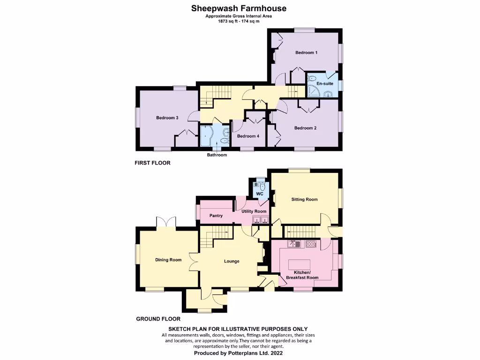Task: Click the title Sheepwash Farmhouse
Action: click(x=239, y=8)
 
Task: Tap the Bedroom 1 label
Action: click(x=306, y=52)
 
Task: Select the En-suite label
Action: click(x=325, y=83)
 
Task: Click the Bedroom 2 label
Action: click(x=305, y=128)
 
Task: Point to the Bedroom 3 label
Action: click(x=167, y=118)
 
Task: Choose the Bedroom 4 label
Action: click(x=248, y=136)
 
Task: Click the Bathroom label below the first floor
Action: click(x=217, y=155)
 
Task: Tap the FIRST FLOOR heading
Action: click(x=152, y=163)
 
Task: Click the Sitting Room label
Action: click(x=304, y=199)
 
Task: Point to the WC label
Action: click(x=260, y=194)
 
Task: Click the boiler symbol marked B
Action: click(x=255, y=185)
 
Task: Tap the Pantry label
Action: click(x=216, y=216)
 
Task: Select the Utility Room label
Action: click(x=254, y=211)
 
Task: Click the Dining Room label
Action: click(x=168, y=260)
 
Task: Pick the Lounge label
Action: click(x=232, y=261)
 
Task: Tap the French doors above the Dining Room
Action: click(x=166, y=222)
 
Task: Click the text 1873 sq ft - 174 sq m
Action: click(x=239, y=21)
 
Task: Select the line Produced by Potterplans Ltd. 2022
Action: click(x=239, y=352)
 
